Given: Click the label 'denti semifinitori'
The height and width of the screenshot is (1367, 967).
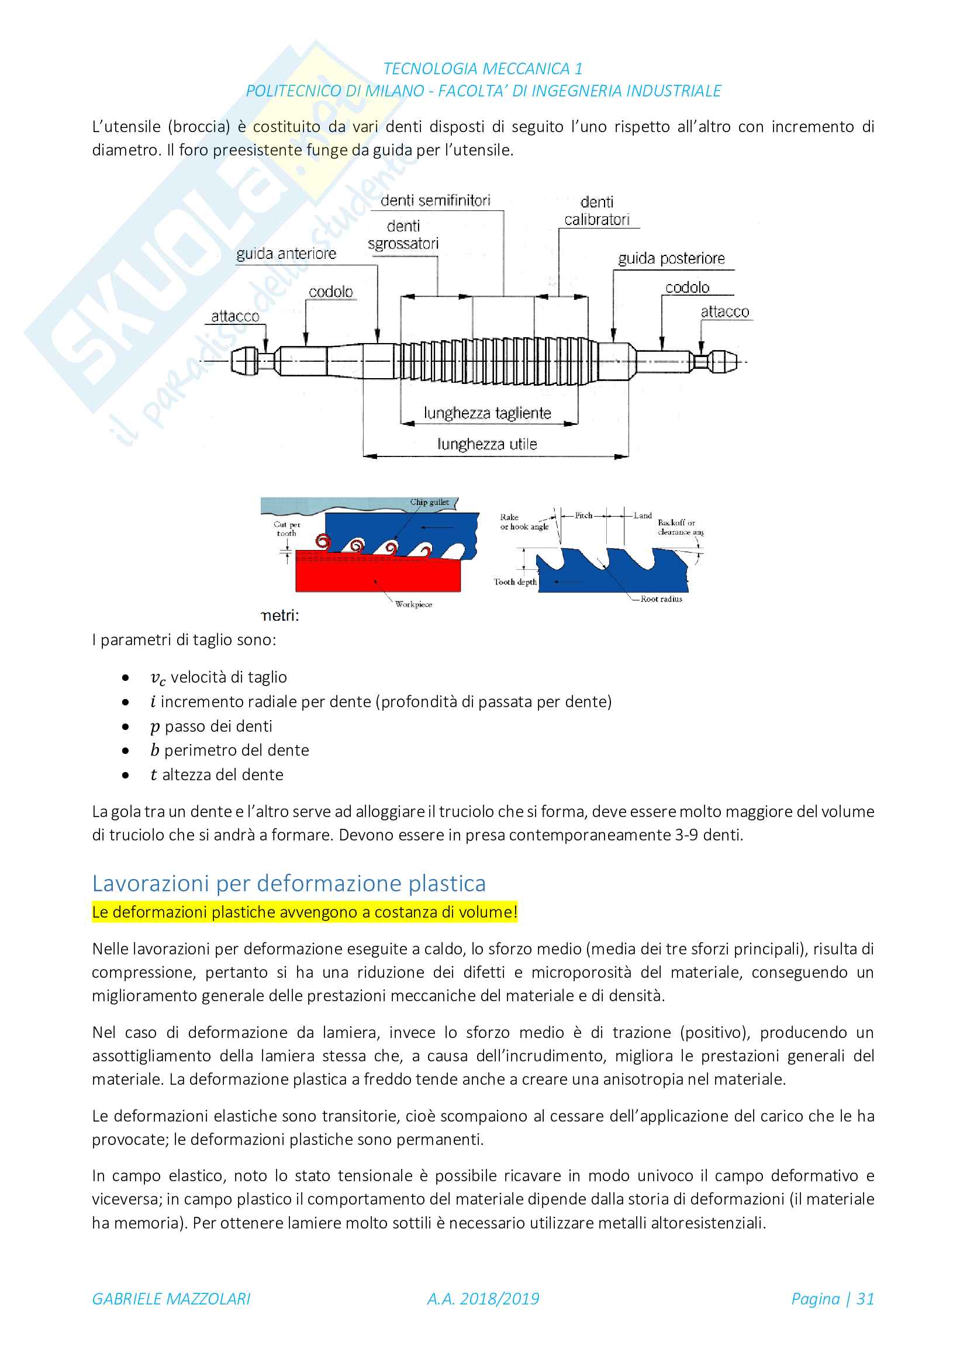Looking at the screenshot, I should [x=436, y=200].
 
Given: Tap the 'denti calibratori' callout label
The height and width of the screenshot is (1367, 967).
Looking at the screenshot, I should [x=597, y=212].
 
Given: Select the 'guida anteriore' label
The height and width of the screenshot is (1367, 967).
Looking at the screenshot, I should [x=286, y=254].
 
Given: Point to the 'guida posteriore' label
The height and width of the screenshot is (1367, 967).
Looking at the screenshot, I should [x=671, y=258].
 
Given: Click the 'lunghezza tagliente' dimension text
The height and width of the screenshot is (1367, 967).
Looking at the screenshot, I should [x=487, y=413].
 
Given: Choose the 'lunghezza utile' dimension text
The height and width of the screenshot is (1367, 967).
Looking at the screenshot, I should [x=487, y=444].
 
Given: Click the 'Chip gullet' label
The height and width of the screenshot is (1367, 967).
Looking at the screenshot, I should [x=429, y=502].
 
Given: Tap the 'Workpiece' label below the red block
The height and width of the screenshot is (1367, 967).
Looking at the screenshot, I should [x=414, y=604].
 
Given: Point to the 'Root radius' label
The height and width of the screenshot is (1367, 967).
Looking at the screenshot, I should [x=661, y=599].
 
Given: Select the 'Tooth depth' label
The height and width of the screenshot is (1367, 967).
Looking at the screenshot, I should [x=515, y=582].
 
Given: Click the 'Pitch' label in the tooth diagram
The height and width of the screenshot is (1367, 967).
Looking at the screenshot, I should [x=583, y=515].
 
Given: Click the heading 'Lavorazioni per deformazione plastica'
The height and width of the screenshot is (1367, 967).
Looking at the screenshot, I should [x=289, y=884].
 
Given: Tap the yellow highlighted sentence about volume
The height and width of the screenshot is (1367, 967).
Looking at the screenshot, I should [x=304, y=912].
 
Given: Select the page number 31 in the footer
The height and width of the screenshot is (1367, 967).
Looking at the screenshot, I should [x=865, y=1299].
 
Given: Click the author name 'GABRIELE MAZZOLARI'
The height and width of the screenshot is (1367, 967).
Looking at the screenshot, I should [x=171, y=1299].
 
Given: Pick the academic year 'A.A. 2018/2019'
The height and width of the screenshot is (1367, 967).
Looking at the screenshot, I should [x=483, y=1299].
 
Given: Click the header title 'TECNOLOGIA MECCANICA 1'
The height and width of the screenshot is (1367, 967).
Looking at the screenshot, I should [x=483, y=69].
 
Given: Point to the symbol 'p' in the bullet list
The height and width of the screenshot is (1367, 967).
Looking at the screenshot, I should [x=155, y=727].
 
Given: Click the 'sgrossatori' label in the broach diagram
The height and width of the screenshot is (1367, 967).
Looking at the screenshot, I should [x=403, y=244].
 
